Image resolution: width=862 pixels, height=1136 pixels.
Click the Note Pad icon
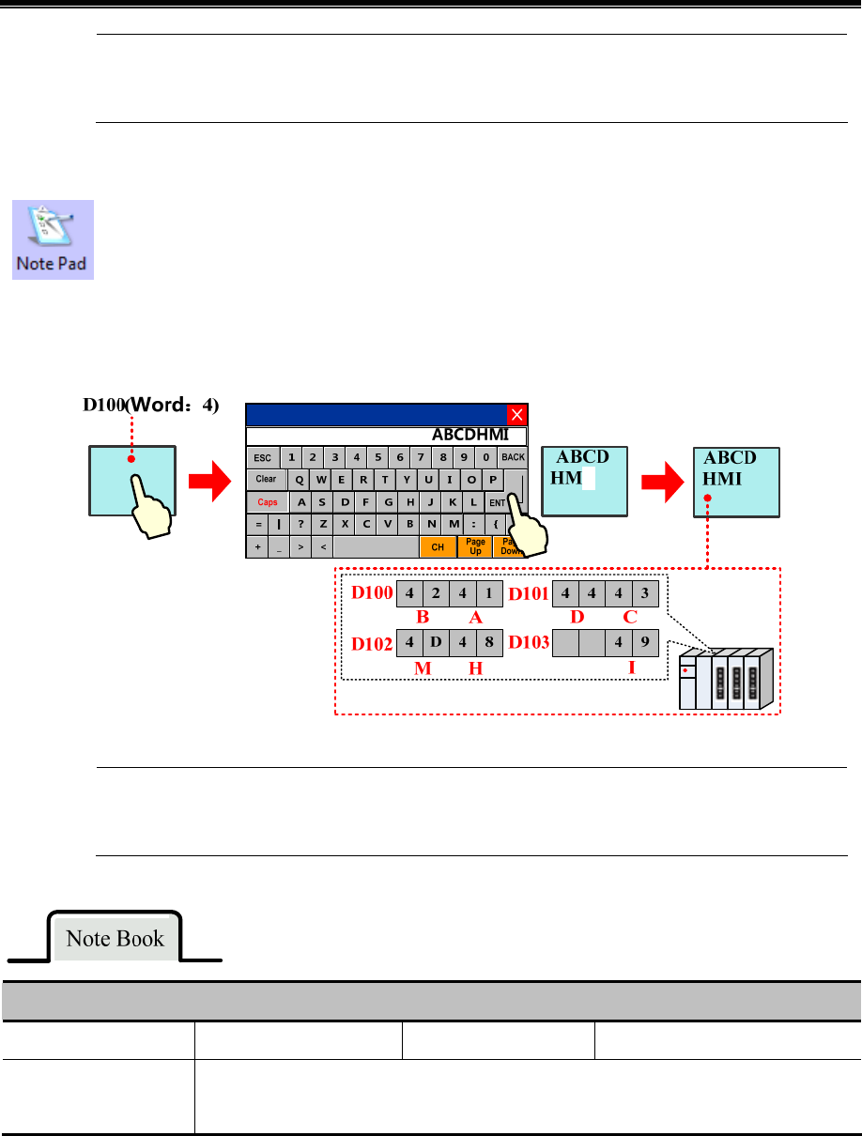point(53,238)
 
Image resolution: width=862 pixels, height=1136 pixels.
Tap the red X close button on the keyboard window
point(516,415)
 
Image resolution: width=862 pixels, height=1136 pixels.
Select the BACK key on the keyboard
point(513,457)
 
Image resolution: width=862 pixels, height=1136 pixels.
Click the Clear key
point(267,479)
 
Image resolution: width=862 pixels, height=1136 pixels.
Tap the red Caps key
point(268,502)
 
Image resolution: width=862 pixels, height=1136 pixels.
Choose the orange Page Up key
point(475,546)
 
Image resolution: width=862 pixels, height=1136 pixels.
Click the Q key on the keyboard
point(300,480)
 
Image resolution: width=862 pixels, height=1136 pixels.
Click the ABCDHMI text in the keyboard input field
point(469,435)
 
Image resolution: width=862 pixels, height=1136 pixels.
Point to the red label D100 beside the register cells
point(370,593)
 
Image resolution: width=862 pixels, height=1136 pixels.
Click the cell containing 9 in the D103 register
point(644,644)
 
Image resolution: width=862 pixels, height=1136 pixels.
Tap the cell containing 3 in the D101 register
point(644,593)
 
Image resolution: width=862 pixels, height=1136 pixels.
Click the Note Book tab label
point(115,939)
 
